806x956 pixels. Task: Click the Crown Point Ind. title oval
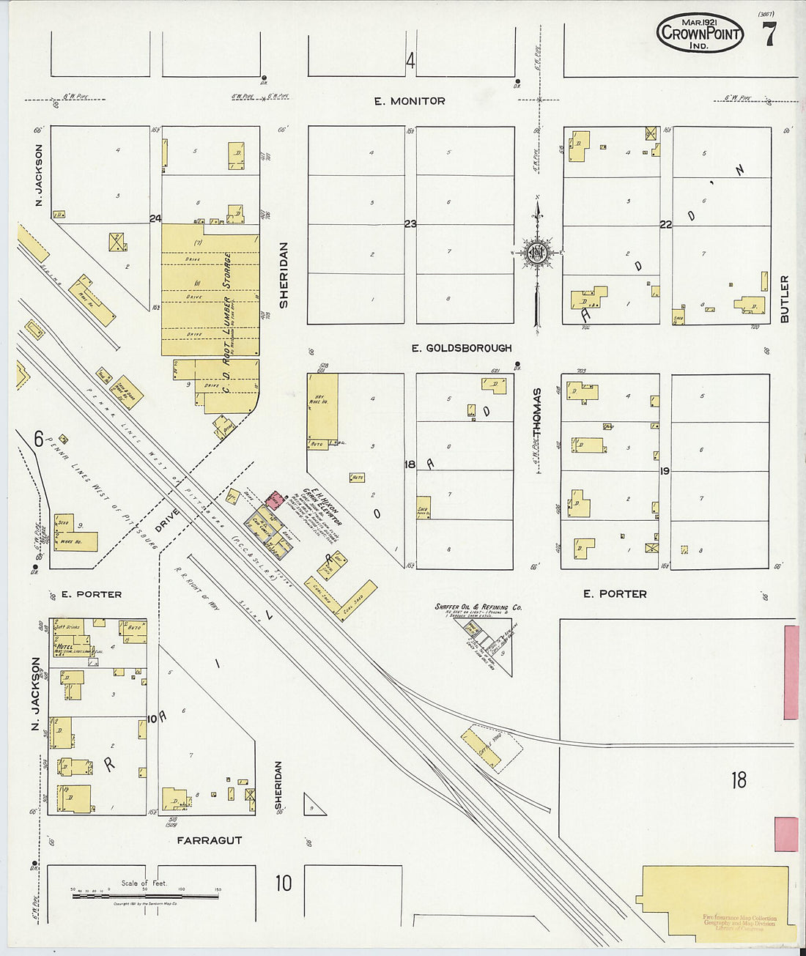pos(700,33)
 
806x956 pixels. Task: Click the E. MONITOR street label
pos(410,101)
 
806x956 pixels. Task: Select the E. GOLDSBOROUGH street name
pos(461,348)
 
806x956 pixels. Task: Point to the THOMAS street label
pos(537,414)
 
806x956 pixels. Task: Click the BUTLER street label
pos(785,299)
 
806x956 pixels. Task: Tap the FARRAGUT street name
pos(210,840)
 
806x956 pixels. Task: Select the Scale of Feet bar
pos(144,895)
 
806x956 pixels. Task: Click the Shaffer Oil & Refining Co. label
pos(478,607)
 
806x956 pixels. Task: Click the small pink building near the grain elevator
pos(274,500)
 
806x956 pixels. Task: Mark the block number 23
pos(410,223)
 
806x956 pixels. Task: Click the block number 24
pos(155,218)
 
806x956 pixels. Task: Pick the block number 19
pos(665,471)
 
